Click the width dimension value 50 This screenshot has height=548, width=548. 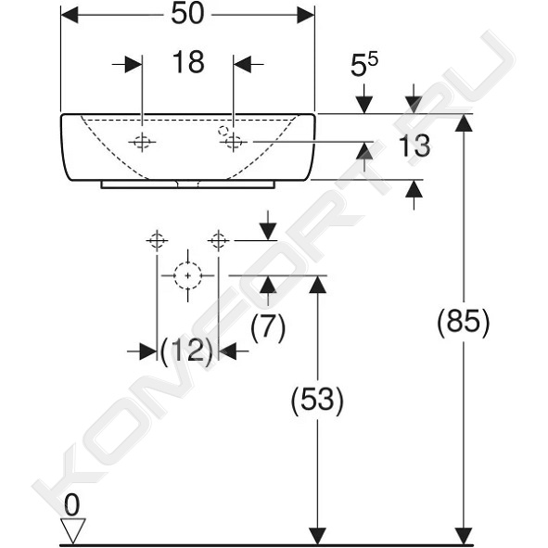pos(187,15)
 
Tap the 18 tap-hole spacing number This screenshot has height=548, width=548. pos(188,62)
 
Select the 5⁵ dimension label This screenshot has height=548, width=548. pos(364,65)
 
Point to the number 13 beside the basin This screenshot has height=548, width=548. pos(414,146)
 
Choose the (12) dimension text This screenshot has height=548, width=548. pos(187,350)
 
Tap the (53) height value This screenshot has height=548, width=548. pos(317,401)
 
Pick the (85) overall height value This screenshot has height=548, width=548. pos(464,322)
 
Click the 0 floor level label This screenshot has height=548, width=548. pos(72,505)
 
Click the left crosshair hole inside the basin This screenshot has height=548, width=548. pos(142,142)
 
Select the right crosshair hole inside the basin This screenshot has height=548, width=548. pos(234,142)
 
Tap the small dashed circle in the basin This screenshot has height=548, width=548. pos(223,131)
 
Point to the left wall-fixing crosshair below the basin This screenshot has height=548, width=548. pos(157,240)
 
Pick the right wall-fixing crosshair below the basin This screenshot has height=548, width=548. pos(219,240)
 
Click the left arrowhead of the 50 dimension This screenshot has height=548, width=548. pos(70,15)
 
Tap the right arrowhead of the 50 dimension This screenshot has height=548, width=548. pos(306,15)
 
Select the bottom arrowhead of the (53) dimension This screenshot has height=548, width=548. pos(317,536)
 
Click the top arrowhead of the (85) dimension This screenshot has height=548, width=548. pos(464,123)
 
